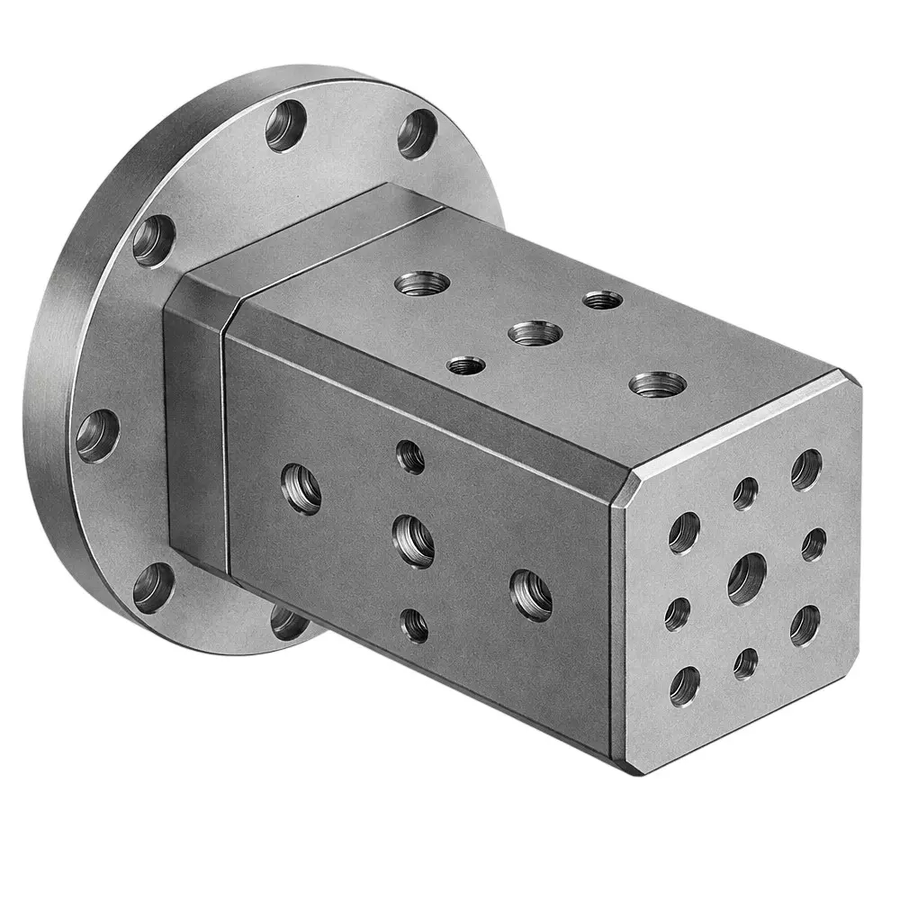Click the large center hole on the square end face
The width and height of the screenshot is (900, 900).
coord(746,578)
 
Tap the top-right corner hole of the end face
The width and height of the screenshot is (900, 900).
coord(805,469)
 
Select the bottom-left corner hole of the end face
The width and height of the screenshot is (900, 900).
coord(684,686)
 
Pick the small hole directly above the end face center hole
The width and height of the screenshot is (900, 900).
coord(745,493)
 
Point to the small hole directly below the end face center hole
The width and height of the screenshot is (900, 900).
coord(745,663)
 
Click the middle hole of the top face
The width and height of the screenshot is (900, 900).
coord(535,333)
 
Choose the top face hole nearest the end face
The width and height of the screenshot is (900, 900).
coord(657,384)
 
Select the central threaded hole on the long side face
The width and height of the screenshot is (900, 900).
coord(414,540)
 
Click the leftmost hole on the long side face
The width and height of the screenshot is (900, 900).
coord(302,489)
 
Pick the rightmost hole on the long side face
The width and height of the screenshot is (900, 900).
coord(531,594)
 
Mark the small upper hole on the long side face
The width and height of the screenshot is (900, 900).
coord(410,457)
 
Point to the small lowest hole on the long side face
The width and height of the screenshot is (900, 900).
coord(414,625)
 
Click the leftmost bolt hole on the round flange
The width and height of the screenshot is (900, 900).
coord(97,436)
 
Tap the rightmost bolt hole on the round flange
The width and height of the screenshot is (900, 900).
coord(417,134)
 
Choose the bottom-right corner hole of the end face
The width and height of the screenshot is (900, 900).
coord(805,625)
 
